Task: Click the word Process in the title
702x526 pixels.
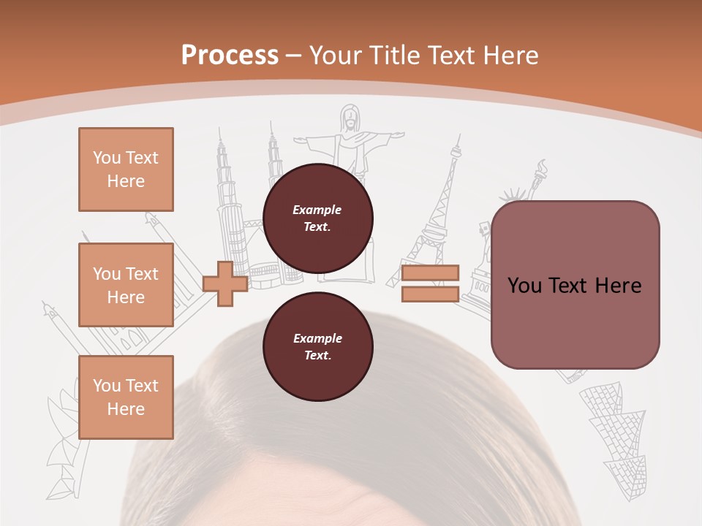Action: pos(230,56)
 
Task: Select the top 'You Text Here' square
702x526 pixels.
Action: pos(126,169)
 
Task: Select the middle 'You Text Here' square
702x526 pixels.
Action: pos(126,285)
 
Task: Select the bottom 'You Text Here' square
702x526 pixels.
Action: pos(126,397)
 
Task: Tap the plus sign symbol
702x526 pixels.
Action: pos(225,283)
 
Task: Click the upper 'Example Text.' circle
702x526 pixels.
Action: pos(317,218)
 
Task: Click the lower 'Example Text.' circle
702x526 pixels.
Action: pos(317,346)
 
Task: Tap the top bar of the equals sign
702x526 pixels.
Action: pos(430,272)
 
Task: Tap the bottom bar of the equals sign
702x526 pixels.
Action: pos(430,294)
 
